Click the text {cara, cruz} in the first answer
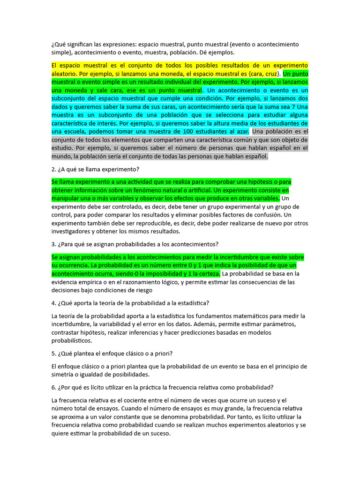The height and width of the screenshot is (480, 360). [x=264, y=74]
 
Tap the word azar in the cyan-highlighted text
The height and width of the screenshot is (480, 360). [x=242, y=132]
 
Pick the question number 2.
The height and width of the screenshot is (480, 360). [x=53, y=169]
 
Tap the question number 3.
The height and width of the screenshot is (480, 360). [x=53, y=244]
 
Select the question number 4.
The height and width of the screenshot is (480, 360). [x=53, y=302]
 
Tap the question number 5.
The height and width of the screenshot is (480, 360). [x=53, y=353]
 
